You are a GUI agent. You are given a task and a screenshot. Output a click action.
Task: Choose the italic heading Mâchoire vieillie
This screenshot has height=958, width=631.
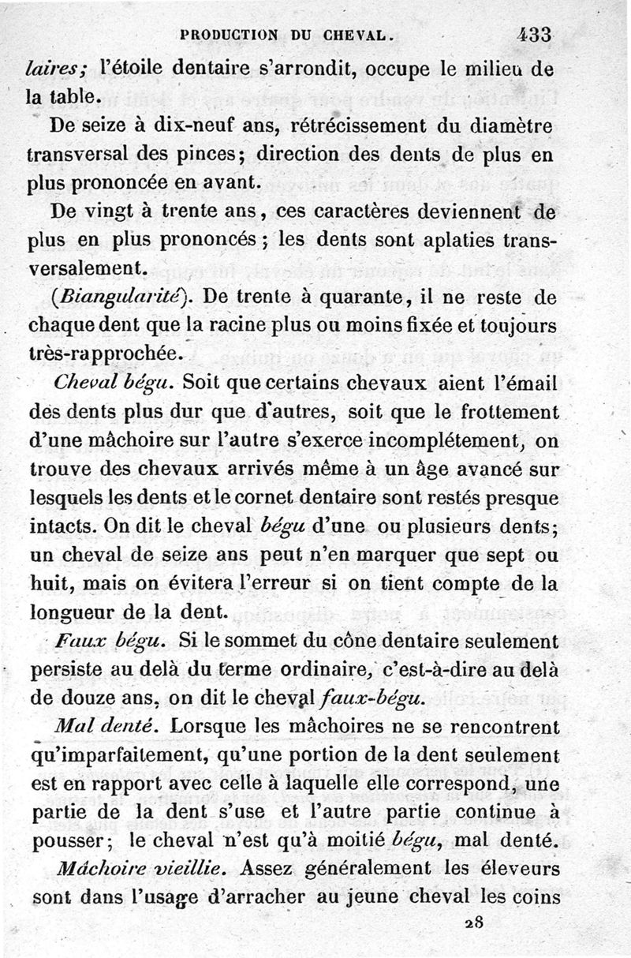point(141,868)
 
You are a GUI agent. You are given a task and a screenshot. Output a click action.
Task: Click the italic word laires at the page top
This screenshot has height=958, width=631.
point(52,69)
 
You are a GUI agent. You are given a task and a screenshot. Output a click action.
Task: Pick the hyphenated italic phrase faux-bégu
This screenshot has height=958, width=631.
point(373,697)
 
